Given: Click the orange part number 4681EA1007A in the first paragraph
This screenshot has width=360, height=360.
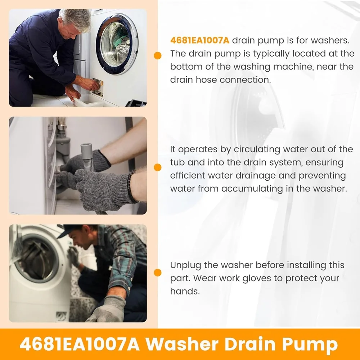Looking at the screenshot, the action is [200, 40].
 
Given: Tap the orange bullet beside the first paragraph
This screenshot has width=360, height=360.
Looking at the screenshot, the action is [158, 55].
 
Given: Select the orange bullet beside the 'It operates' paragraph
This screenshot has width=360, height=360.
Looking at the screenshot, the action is [158, 167].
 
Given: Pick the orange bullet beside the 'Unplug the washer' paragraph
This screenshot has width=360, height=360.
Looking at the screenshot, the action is [158, 273].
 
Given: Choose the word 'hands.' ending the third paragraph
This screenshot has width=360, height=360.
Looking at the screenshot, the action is [185, 291].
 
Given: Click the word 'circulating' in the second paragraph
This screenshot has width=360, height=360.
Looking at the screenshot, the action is [257, 150].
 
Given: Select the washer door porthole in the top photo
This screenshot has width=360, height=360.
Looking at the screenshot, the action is [117, 44].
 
